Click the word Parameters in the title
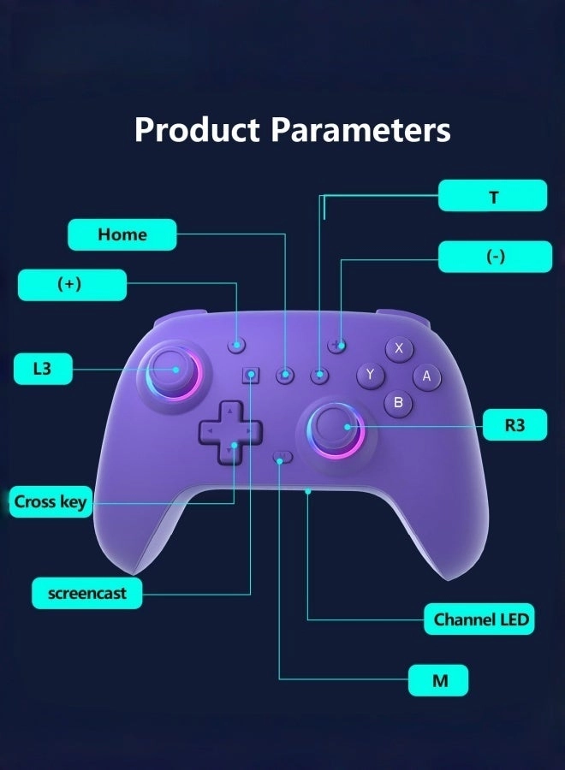click(x=360, y=131)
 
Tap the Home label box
click(x=122, y=234)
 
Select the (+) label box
click(x=72, y=285)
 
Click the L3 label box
click(x=43, y=369)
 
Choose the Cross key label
click(x=51, y=502)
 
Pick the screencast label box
click(x=86, y=593)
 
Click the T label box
click(x=492, y=196)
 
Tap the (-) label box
click(x=495, y=257)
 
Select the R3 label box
click(x=514, y=424)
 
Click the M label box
click(x=438, y=680)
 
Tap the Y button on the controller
click(x=370, y=375)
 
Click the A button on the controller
click(x=426, y=376)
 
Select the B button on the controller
click(x=398, y=402)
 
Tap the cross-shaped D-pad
click(x=229, y=432)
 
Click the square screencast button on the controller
click(x=252, y=375)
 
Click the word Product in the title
click(x=197, y=131)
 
